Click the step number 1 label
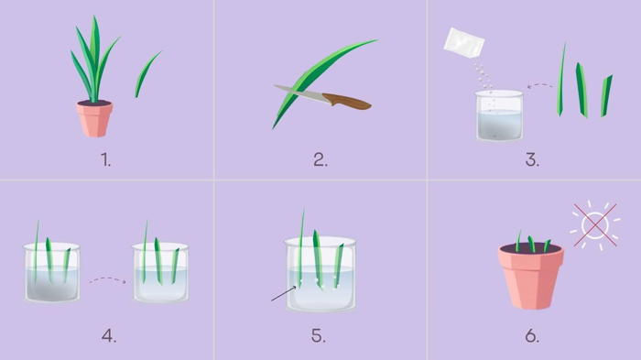point(106,160)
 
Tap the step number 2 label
point(320,160)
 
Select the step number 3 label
point(532,160)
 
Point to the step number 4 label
point(109,336)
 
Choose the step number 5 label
point(319,336)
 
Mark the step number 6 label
point(532,336)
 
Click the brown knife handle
point(347,101)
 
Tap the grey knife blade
point(299,93)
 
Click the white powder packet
point(464,42)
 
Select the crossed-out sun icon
point(595,225)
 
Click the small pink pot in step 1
point(94,118)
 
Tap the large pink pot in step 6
point(530,276)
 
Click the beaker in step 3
point(499,115)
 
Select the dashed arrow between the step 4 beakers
point(107,279)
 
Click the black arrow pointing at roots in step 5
point(284,294)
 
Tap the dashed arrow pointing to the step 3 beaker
point(539,85)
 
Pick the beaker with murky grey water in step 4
point(52,272)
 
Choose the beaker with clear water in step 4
point(160,272)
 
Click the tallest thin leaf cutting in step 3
point(561,80)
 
